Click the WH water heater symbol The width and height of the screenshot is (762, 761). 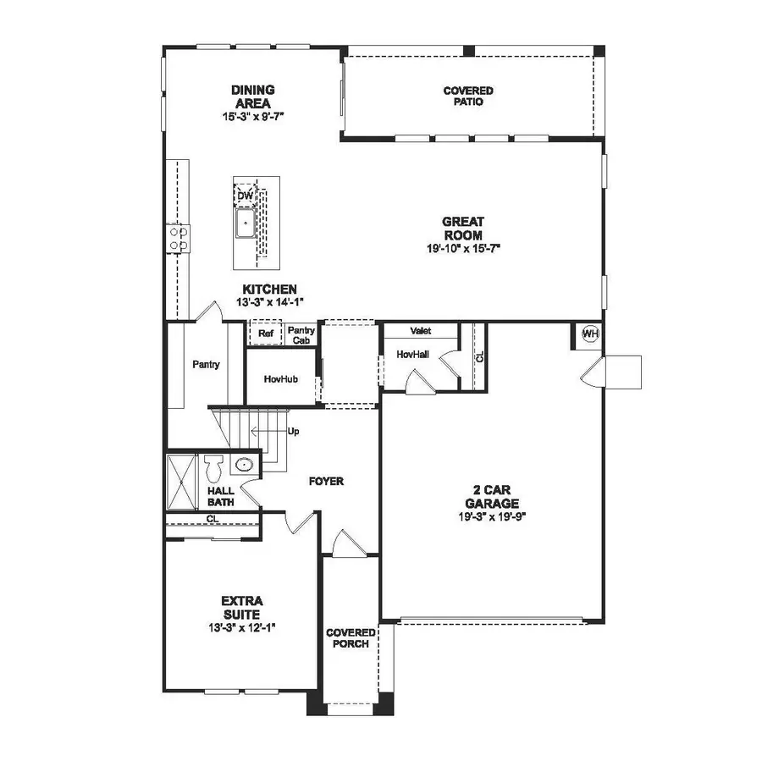pos(590,334)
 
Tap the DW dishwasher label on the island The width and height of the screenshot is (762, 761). pos(245,196)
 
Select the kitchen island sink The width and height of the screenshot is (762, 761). pos(245,223)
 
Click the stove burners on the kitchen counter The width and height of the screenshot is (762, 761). pos(179,237)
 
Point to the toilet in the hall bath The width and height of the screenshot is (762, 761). pos(213,468)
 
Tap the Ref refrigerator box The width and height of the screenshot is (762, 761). pos(265,334)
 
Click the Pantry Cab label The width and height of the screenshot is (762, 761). pos(301,334)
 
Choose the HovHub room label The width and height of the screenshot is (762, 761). pos(280,379)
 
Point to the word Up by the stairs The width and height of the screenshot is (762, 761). pos(294,431)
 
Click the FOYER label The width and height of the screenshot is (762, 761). pos(326,481)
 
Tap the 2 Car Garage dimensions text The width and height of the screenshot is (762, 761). pos(493,515)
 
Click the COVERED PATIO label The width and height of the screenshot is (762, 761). pos(468,96)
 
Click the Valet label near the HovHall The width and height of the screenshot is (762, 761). pos(421,331)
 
